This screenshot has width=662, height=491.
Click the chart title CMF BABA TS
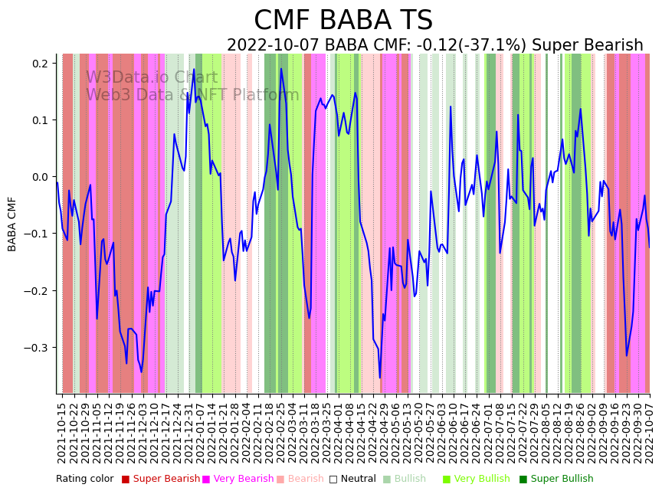click(343, 21)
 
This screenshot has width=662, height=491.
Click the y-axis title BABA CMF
click(12, 224)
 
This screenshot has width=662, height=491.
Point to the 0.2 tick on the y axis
click(40, 64)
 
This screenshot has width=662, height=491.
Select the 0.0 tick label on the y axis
click(40, 177)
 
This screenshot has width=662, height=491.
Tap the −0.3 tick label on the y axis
click(37, 348)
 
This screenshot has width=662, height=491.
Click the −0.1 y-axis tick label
click(37, 234)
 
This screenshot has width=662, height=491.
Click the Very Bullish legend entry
click(482, 480)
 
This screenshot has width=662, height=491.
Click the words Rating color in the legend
click(84, 480)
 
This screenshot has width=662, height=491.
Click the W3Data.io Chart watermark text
click(152, 77)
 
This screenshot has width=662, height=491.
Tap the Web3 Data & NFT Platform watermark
click(192, 95)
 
